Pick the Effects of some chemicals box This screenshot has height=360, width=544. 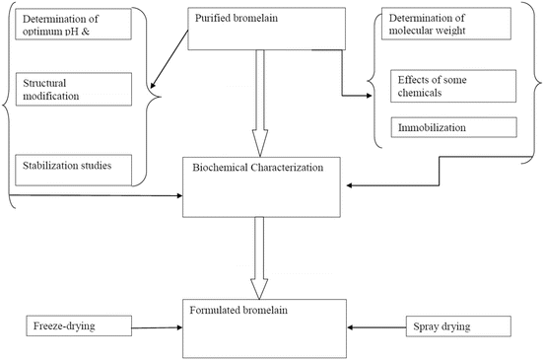coord(452,86)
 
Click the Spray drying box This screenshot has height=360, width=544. coord(456,325)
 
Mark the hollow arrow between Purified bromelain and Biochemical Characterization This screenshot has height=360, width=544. coord(262,104)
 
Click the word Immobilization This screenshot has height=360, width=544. coord(431,128)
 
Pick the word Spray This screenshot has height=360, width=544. coord(428,324)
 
